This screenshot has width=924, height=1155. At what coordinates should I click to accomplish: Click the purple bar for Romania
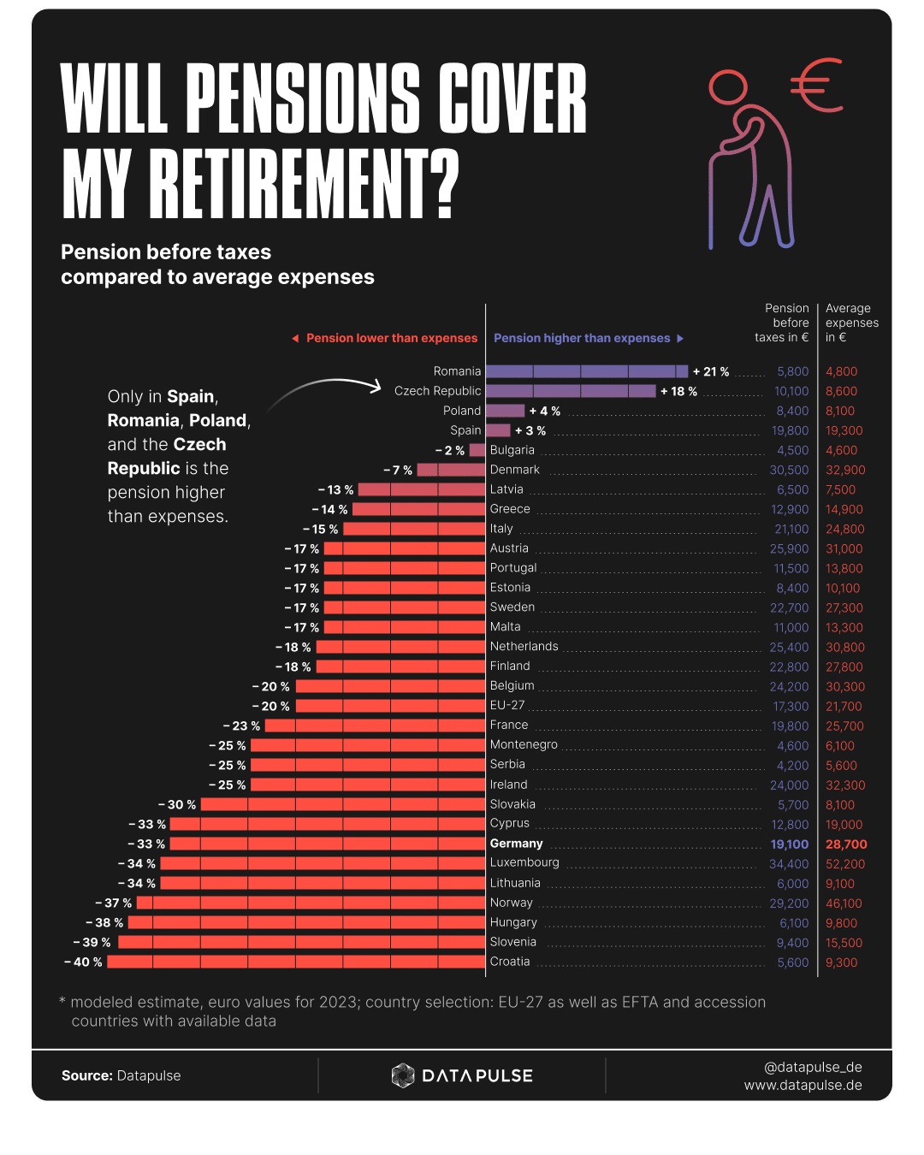[x=586, y=371]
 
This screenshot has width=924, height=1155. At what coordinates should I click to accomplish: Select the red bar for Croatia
[x=296, y=962]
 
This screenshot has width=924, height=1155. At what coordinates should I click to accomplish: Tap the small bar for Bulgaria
[x=477, y=450]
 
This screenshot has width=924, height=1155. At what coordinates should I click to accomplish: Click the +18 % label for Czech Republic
[x=678, y=391]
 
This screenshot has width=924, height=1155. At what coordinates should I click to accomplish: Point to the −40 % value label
[x=83, y=962]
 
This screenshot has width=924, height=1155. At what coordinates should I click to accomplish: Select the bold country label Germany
[x=516, y=844]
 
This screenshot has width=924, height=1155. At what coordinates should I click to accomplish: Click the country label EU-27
[x=507, y=705]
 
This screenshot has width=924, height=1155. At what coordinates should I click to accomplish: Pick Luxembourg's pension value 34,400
[x=788, y=864]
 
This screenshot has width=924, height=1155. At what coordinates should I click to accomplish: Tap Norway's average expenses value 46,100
[x=844, y=903]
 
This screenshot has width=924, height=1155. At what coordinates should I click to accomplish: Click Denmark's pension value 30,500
[x=789, y=470]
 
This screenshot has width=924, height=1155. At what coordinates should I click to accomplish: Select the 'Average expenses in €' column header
[x=851, y=323]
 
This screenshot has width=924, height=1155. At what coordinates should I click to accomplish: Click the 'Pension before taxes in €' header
[x=783, y=323]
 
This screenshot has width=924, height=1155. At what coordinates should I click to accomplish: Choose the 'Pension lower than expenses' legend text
[x=391, y=338]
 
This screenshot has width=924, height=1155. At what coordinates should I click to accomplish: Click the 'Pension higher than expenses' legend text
[x=582, y=338]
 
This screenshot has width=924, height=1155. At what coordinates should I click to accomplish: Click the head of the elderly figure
[x=728, y=88]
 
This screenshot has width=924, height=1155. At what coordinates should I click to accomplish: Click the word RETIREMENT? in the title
[x=304, y=184]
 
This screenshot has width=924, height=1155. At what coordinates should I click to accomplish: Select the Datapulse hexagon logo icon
[x=402, y=1075]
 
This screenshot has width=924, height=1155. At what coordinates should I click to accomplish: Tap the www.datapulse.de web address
[x=803, y=1085]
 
